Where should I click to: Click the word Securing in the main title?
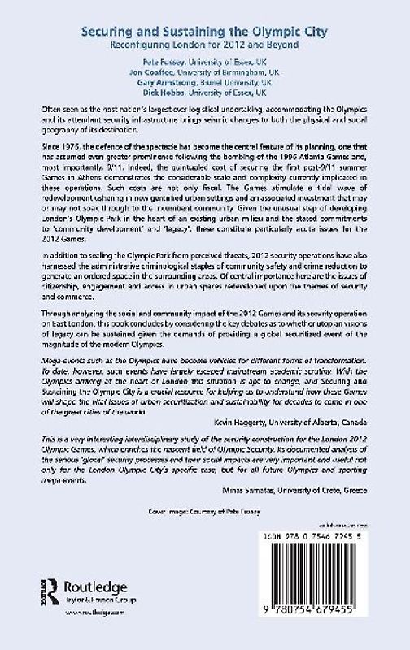(106, 28)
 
